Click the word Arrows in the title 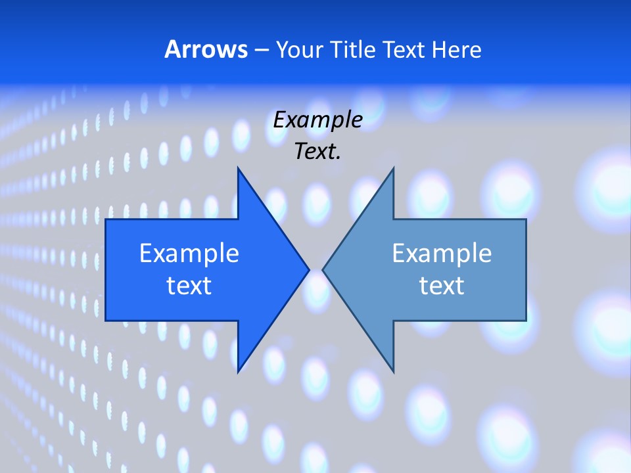(206, 49)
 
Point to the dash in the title (261, 50)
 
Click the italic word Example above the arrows (317, 120)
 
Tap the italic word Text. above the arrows (317, 151)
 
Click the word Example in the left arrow (189, 253)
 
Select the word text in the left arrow (189, 285)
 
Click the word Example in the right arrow (442, 253)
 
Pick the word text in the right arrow (442, 285)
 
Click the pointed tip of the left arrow (309, 269)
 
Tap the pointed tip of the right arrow (323, 269)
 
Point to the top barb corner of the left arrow (238, 168)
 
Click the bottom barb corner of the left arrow (238, 372)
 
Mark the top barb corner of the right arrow (393, 168)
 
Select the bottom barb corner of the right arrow (393, 372)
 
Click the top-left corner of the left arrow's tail (106, 219)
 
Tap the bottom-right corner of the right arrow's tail (526, 321)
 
